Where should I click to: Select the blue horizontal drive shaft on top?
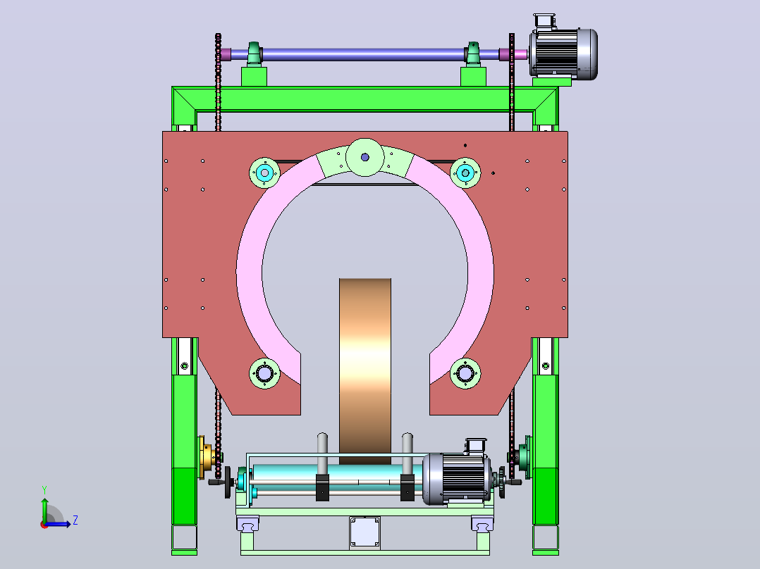[x=364, y=54]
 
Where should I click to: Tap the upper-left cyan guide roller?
[x=264, y=173]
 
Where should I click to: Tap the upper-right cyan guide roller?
[x=465, y=173]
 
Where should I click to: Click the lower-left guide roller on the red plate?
[x=264, y=373]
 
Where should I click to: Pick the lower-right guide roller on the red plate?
[x=465, y=373]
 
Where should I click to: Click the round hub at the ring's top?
[x=365, y=157]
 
